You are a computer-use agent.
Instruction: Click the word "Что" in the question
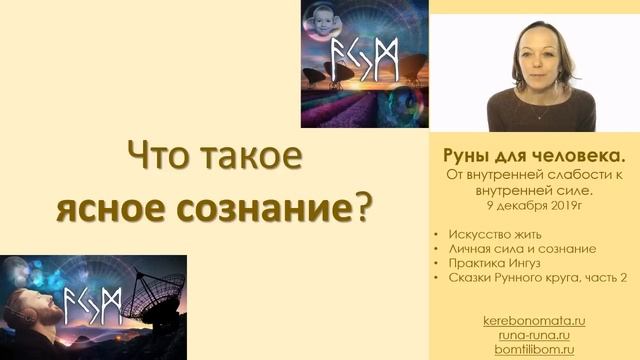pyautogui.click(x=152, y=158)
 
